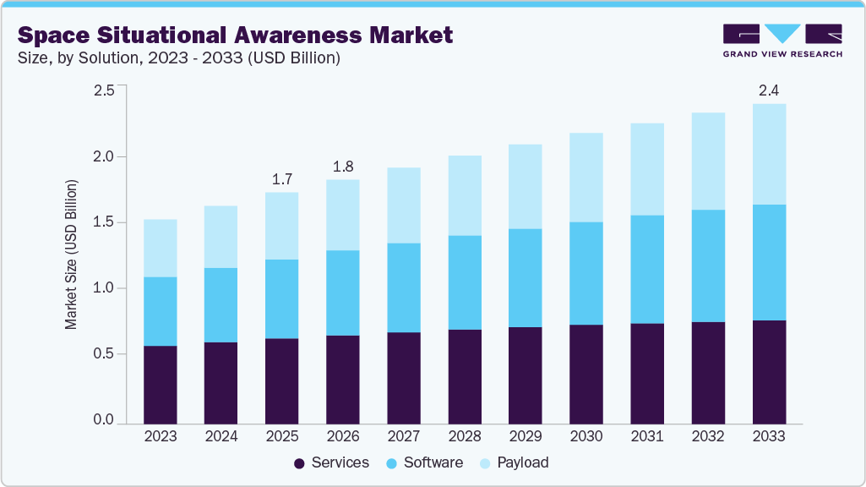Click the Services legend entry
(x=331, y=462)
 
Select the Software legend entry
(x=424, y=462)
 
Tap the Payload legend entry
(x=514, y=462)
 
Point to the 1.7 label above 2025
(x=282, y=178)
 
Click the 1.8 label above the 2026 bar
(x=343, y=165)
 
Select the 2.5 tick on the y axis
(x=103, y=91)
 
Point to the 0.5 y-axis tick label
(x=103, y=354)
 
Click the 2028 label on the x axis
(x=465, y=436)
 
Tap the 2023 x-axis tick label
(x=161, y=436)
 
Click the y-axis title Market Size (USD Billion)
(x=72, y=254)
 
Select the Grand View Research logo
(x=782, y=40)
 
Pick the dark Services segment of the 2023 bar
(x=161, y=385)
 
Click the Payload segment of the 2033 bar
(x=768, y=154)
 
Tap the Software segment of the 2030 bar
(x=586, y=273)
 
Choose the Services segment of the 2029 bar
(x=526, y=375)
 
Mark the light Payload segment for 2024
(x=221, y=237)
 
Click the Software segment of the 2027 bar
(x=404, y=287)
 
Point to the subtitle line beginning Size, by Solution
(x=179, y=58)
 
